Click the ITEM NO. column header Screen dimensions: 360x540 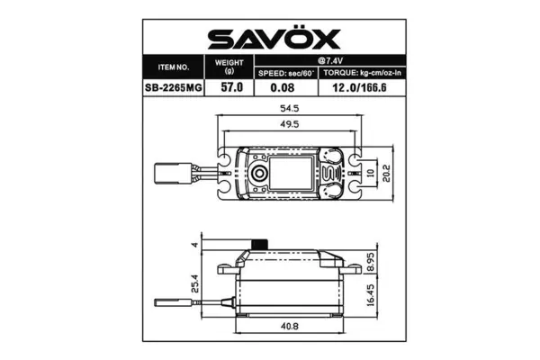click(x=173, y=67)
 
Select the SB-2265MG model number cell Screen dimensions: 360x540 click(x=173, y=88)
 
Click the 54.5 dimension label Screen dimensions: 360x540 click(x=289, y=111)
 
